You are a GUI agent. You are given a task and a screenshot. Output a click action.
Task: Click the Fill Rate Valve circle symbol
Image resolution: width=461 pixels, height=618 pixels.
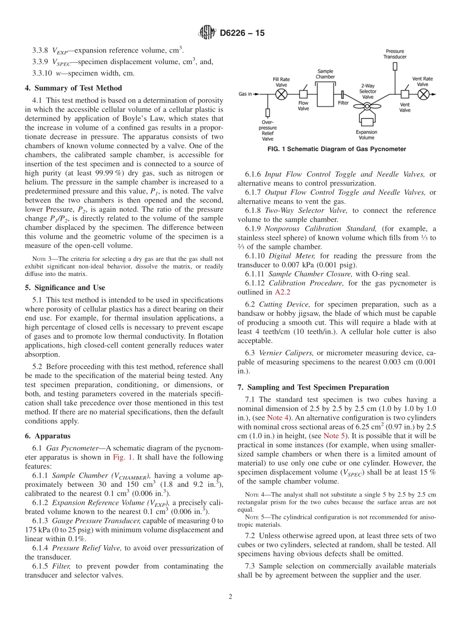pyautogui.click(x=281, y=94)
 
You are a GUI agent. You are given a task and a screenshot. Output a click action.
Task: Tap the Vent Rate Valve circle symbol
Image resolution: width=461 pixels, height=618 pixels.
pyautogui.click(x=423, y=94)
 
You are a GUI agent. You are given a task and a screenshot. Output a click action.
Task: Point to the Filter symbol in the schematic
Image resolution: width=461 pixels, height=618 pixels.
pyautogui.click(x=343, y=94)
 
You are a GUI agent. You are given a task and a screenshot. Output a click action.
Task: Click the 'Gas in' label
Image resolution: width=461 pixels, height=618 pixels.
pyautogui.click(x=245, y=94)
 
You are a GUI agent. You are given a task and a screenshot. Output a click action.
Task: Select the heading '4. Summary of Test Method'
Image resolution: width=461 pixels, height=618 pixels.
pyautogui.click(x=73, y=88)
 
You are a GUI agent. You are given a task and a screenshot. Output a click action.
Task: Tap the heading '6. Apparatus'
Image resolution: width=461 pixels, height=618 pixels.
pyautogui.click(x=48, y=436)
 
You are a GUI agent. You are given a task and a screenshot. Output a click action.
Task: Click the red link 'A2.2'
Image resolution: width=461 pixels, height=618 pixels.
pyautogui.click(x=282, y=292)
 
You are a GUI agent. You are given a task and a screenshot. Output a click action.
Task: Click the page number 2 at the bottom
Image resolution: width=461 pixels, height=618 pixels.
pyautogui.click(x=230, y=597)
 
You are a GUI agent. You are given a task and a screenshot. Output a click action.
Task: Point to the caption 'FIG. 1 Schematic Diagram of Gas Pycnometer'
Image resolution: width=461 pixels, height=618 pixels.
pyautogui.click(x=337, y=149)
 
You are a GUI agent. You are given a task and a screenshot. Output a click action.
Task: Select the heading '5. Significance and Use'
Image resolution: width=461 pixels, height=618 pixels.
pyautogui.click(x=65, y=287)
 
